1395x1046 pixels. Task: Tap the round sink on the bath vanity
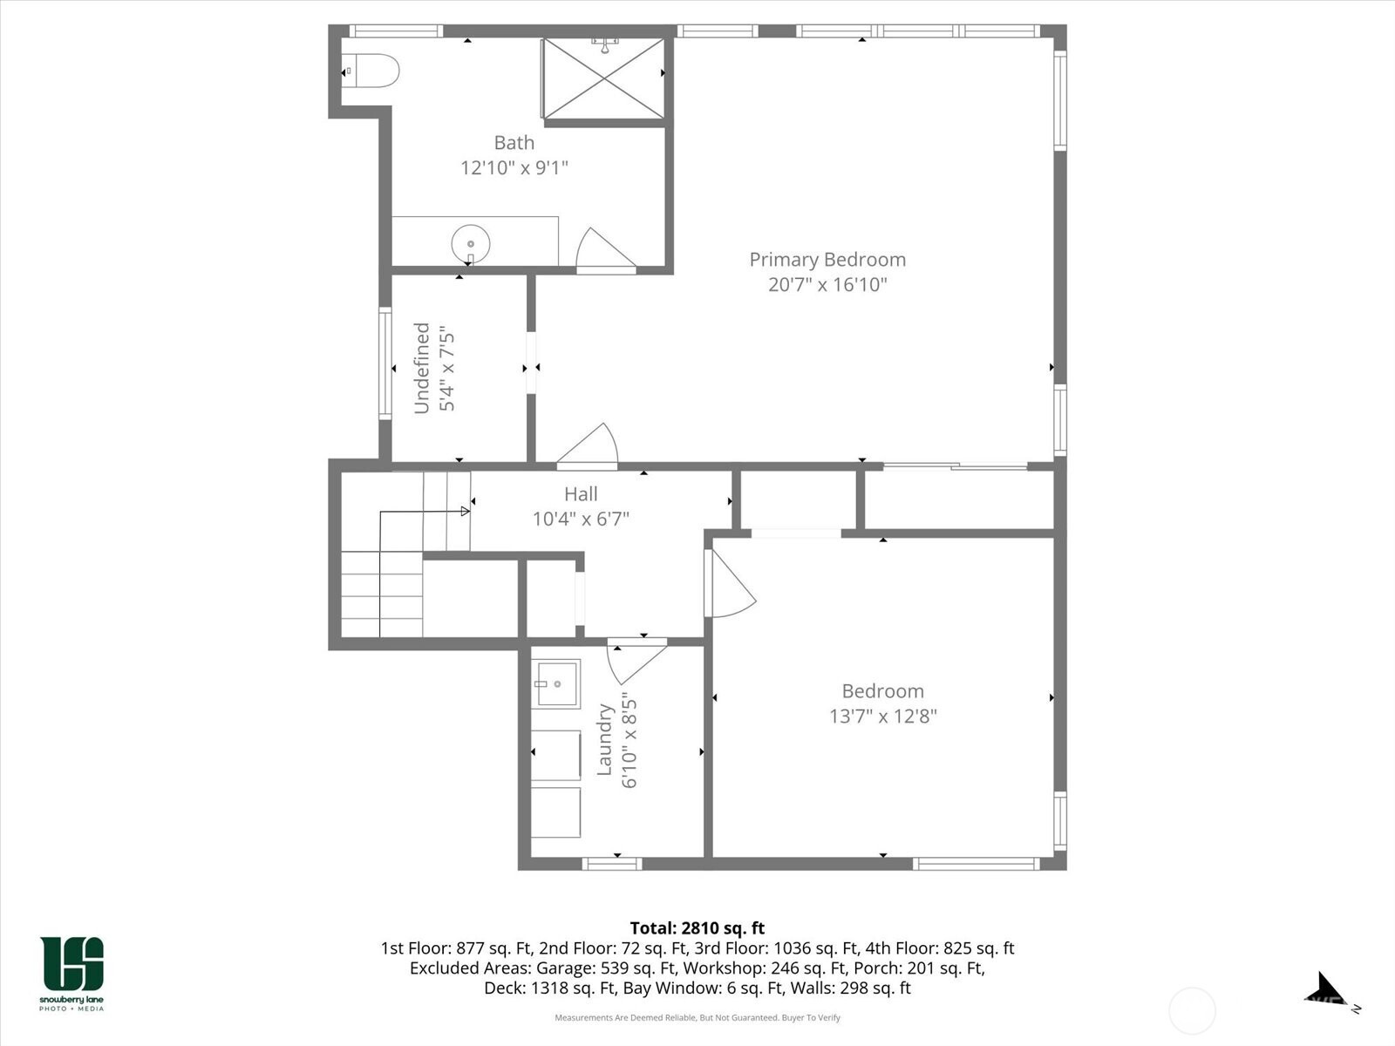470,244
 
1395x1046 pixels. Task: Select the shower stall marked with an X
603,78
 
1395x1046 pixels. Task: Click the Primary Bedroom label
827,260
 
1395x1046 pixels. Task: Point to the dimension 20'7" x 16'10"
827,284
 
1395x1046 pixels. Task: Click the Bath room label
514,142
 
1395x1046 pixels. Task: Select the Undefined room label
422,369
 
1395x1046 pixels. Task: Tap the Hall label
581,494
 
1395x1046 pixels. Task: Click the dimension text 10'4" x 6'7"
581,519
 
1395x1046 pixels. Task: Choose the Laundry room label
603,740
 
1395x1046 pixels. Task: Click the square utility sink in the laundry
555,683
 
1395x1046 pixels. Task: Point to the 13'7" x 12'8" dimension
882,717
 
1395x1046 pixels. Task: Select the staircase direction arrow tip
469,512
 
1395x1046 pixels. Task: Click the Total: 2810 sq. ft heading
697,928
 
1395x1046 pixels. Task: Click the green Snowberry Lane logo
71,973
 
